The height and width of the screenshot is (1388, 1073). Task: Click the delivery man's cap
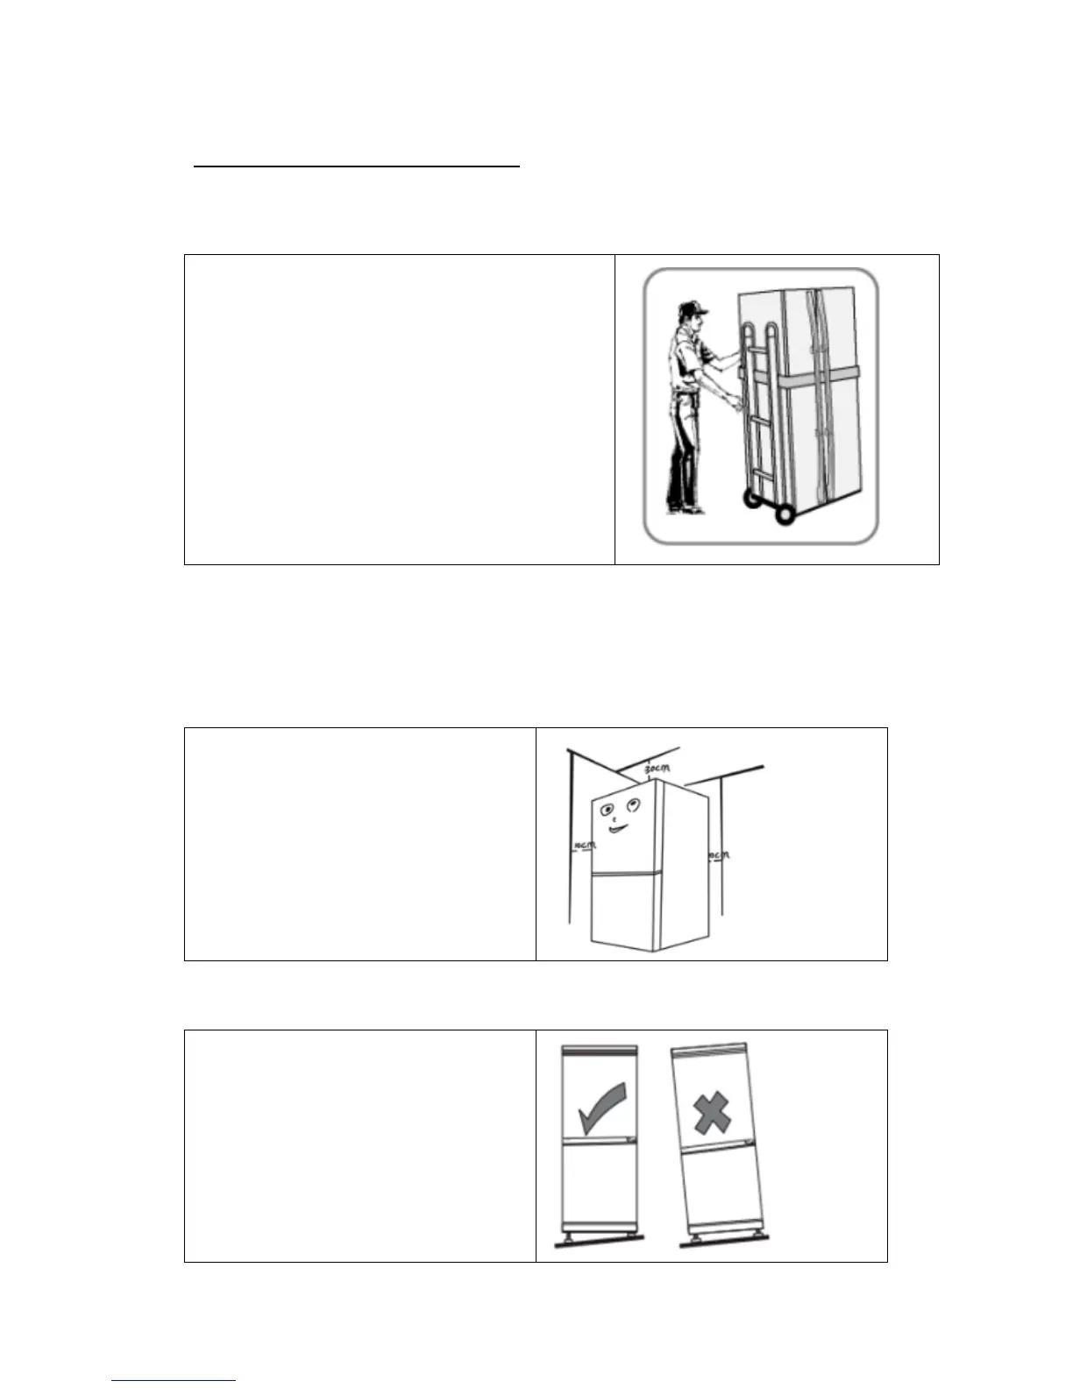[692, 308]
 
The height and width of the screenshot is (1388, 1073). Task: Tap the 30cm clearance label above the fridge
[657, 769]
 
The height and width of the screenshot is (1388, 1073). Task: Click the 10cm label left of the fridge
[584, 846]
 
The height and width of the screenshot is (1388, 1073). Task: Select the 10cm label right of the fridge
[718, 854]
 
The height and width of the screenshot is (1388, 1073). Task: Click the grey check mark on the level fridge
[604, 1108]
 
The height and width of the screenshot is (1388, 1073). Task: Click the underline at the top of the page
[357, 164]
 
